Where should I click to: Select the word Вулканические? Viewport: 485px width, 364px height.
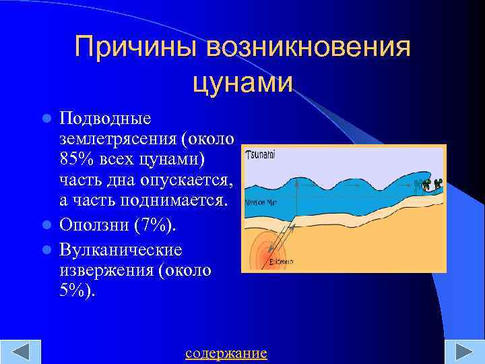pos(121,249)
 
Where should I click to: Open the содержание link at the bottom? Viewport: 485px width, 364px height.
pos(226,353)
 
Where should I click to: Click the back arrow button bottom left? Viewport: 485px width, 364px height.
pos(21,353)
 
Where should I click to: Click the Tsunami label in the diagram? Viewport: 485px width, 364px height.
pos(261,154)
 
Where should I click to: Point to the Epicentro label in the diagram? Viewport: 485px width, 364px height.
pos(281,261)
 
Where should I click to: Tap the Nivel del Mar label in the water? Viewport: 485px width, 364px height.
pos(261,201)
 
